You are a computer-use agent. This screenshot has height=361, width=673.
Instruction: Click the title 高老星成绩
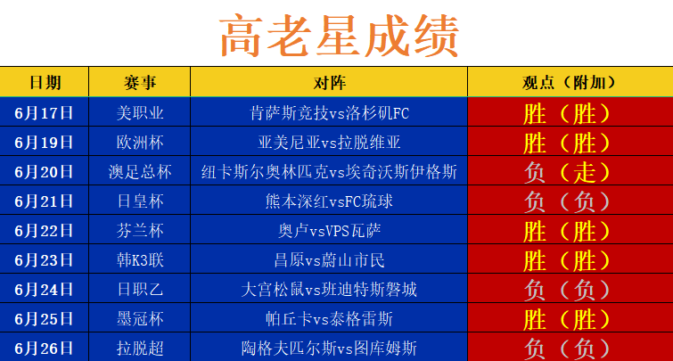coord(339,36)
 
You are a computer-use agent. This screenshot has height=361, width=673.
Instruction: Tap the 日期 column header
coord(45,82)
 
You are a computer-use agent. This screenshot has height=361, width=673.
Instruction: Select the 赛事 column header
coord(139,82)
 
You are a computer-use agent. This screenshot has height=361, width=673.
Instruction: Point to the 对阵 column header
coord(329,82)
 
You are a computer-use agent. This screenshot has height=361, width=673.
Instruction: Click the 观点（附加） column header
coord(570,82)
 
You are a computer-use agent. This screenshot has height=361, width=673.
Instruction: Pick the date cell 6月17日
coord(44,113)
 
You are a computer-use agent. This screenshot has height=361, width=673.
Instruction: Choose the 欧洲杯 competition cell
coord(140,142)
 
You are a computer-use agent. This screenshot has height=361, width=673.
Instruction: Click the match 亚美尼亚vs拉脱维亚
coord(329,142)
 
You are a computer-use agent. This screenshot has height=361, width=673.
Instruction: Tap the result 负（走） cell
coord(568,172)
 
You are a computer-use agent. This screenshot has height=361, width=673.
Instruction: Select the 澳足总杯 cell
coord(140,172)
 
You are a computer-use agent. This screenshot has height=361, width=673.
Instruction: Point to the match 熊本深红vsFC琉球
coord(329,201)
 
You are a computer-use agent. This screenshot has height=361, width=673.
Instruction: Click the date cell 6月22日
coord(44,231)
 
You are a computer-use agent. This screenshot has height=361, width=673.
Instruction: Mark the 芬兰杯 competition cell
coord(140,231)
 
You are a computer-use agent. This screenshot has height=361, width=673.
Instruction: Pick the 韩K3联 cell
coord(140,259)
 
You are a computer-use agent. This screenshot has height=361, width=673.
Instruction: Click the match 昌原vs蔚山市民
coord(329,259)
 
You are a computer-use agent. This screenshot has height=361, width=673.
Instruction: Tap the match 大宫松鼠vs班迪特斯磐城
coord(329,290)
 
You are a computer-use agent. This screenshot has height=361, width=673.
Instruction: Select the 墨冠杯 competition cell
coord(140,318)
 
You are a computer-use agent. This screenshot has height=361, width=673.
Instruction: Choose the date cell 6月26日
coord(44,349)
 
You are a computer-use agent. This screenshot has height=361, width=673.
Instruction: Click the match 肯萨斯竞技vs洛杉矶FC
coord(329,113)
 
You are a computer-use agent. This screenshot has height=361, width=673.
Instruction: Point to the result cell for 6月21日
coord(568,201)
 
